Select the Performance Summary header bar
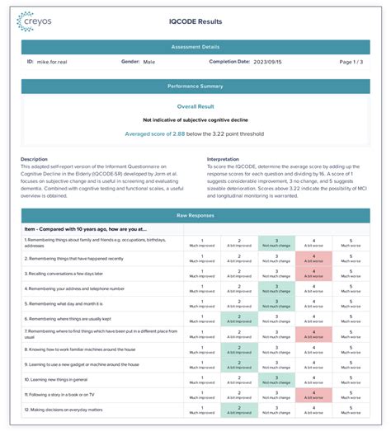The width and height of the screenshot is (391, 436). click(195, 86)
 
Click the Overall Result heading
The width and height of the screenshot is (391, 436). click(195, 106)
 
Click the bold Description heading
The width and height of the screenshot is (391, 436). click(35, 159)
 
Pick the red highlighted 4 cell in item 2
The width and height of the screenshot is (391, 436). click(313, 259)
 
